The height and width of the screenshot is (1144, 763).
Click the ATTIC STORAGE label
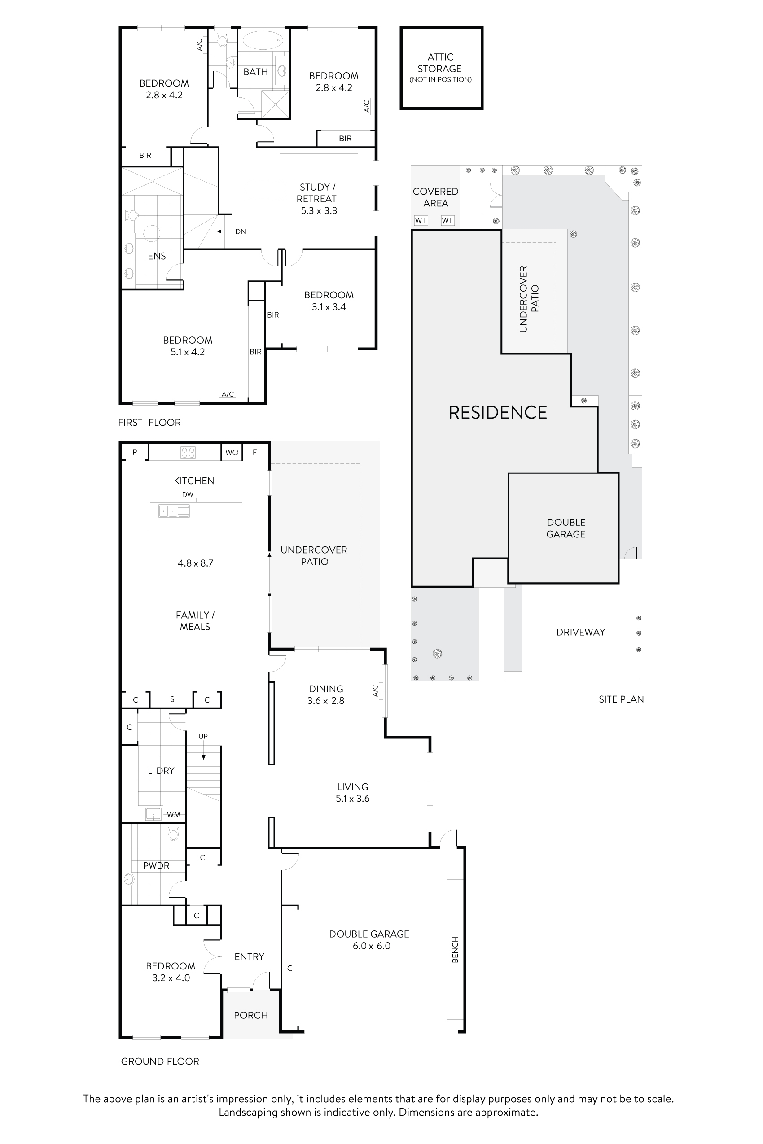[440, 63]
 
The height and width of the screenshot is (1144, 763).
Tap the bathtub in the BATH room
[263, 40]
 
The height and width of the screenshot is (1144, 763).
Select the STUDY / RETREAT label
[317, 193]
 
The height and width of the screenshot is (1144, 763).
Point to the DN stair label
[241, 231]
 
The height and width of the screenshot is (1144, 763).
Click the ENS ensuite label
[157, 256]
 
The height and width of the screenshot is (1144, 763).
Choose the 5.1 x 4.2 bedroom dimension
[187, 352]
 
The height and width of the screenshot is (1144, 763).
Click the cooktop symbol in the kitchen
[188, 452]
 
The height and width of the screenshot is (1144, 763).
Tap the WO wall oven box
[232, 452]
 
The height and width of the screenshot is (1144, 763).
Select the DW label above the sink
[187, 495]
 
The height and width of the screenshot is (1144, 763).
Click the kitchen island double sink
[174, 511]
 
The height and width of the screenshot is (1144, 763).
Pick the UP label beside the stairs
[203, 736]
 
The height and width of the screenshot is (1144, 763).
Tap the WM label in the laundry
[174, 814]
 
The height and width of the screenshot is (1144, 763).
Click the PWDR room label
[156, 865]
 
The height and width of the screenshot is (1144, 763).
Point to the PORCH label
[250, 1015]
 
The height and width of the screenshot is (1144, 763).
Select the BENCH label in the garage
[455, 949]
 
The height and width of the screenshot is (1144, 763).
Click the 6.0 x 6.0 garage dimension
[371, 946]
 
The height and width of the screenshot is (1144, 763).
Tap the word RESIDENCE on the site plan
[497, 412]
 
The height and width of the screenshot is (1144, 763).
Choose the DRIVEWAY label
[580, 632]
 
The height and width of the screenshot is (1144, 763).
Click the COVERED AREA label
[435, 197]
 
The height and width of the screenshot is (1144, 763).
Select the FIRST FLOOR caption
[149, 423]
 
